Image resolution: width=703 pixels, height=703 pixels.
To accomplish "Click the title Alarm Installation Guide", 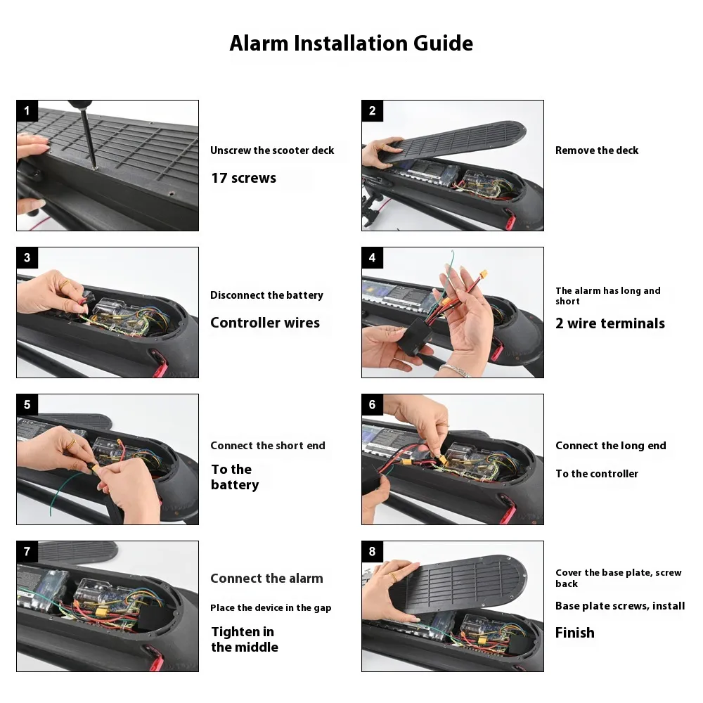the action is point(351,44).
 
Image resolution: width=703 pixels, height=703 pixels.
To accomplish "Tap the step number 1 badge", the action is point(27,111).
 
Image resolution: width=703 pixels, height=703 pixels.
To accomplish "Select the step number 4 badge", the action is point(372,258).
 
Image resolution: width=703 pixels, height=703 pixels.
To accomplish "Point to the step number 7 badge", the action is point(27,551).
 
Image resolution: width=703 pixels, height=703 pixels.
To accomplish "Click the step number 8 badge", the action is point(372,551).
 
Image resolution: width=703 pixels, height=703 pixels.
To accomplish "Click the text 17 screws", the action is point(243,178).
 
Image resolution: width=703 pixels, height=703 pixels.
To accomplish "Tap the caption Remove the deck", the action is point(597,150).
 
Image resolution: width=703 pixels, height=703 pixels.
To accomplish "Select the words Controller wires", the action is point(265,323).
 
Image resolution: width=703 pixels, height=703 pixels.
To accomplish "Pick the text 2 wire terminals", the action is point(610,323).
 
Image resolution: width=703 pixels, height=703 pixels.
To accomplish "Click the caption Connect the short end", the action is point(268,445).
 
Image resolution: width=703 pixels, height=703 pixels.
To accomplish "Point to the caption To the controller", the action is point(597,473).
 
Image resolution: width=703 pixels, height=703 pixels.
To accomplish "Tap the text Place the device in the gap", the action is point(271,608).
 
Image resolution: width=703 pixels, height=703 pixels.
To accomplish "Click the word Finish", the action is point(575,633).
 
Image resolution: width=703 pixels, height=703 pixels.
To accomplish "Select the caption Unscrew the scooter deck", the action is point(272,150).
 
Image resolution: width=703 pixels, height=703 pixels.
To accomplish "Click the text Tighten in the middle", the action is point(245,639).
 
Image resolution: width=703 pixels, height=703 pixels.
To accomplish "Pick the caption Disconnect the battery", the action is point(266,295).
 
